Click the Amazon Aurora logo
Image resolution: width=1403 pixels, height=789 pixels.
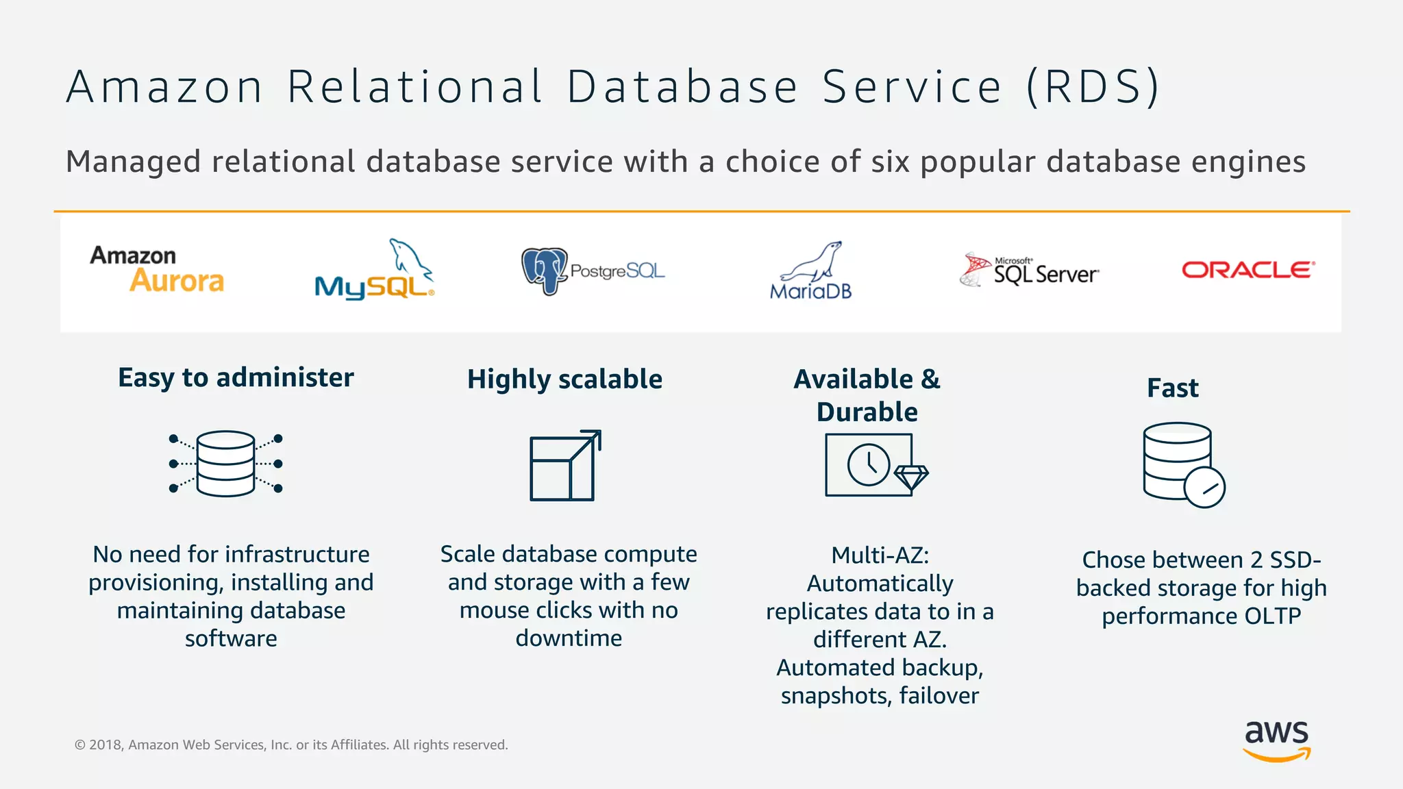point(158,269)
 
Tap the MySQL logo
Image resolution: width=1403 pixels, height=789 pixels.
point(374,271)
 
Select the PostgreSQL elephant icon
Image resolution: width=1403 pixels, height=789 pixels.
point(545,271)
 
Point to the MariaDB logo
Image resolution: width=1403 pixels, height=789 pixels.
point(811,272)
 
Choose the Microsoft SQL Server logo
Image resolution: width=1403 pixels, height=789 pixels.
point(1030,271)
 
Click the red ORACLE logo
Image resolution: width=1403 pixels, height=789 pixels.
point(1247,270)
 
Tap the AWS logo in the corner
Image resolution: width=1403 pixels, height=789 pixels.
point(1276,740)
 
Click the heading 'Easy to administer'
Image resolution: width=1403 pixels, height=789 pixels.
point(236,377)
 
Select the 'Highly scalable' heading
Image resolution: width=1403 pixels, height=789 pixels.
point(564,379)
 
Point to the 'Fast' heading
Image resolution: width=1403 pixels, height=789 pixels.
point(1173,388)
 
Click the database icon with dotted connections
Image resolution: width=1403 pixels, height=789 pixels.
point(225,464)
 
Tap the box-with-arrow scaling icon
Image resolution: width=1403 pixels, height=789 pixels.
point(565,466)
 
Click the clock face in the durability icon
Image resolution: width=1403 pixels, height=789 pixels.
point(868,464)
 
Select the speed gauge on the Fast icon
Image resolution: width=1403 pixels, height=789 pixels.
point(1204,488)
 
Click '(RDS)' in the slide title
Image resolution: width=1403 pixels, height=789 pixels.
point(1093,87)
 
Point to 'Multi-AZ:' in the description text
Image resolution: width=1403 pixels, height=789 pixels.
point(880,555)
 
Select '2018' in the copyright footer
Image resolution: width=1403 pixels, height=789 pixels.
point(105,744)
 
